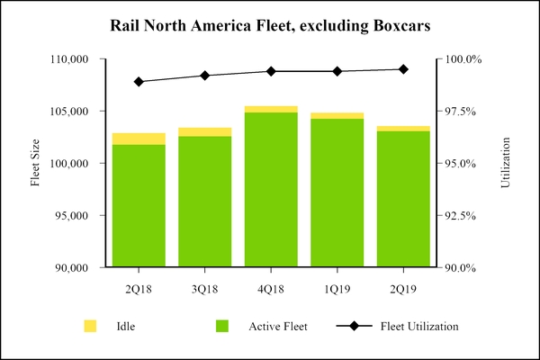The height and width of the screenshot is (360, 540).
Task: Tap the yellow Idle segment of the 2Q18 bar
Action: [x=139, y=139]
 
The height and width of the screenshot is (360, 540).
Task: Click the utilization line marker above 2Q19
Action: [x=403, y=69]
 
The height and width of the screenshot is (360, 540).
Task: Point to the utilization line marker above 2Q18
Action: [x=139, y=82]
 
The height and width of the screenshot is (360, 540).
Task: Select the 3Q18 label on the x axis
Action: [x=204, y=288]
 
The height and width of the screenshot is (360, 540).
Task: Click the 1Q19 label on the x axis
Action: [x=337, y=288]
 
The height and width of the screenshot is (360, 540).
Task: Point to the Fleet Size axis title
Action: [x=36, y=163]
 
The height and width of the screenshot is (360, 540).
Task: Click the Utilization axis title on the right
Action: [x=505, y=163]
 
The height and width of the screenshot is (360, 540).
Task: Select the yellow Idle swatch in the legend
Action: [x=90, y=326]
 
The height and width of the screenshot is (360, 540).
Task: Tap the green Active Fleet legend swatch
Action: [x=222, y=326]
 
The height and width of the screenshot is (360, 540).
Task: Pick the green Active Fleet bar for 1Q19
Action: [x=337, y=193]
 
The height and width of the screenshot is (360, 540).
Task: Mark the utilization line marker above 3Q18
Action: [x=204, y=76]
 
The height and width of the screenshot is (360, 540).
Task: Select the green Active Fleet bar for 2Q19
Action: [x=403, y=199]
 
